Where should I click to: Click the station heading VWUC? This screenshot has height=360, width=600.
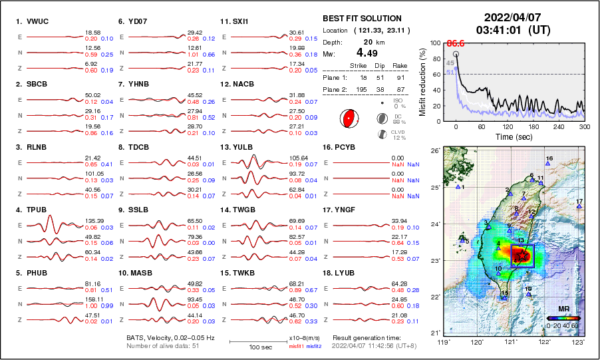[x=32, y=21]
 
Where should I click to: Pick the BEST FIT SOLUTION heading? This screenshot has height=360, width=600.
[x=362, y=19]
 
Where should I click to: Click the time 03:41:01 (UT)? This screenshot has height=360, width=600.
[x=512, y=30]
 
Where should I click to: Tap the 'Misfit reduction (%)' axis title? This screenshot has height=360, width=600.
[x=422, y=82]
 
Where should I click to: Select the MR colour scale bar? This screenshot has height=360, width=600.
[x=563, y=318]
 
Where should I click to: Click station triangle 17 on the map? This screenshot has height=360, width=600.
[x=579, y=207]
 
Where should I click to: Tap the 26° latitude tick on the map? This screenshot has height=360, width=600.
[x=434, y=151]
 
